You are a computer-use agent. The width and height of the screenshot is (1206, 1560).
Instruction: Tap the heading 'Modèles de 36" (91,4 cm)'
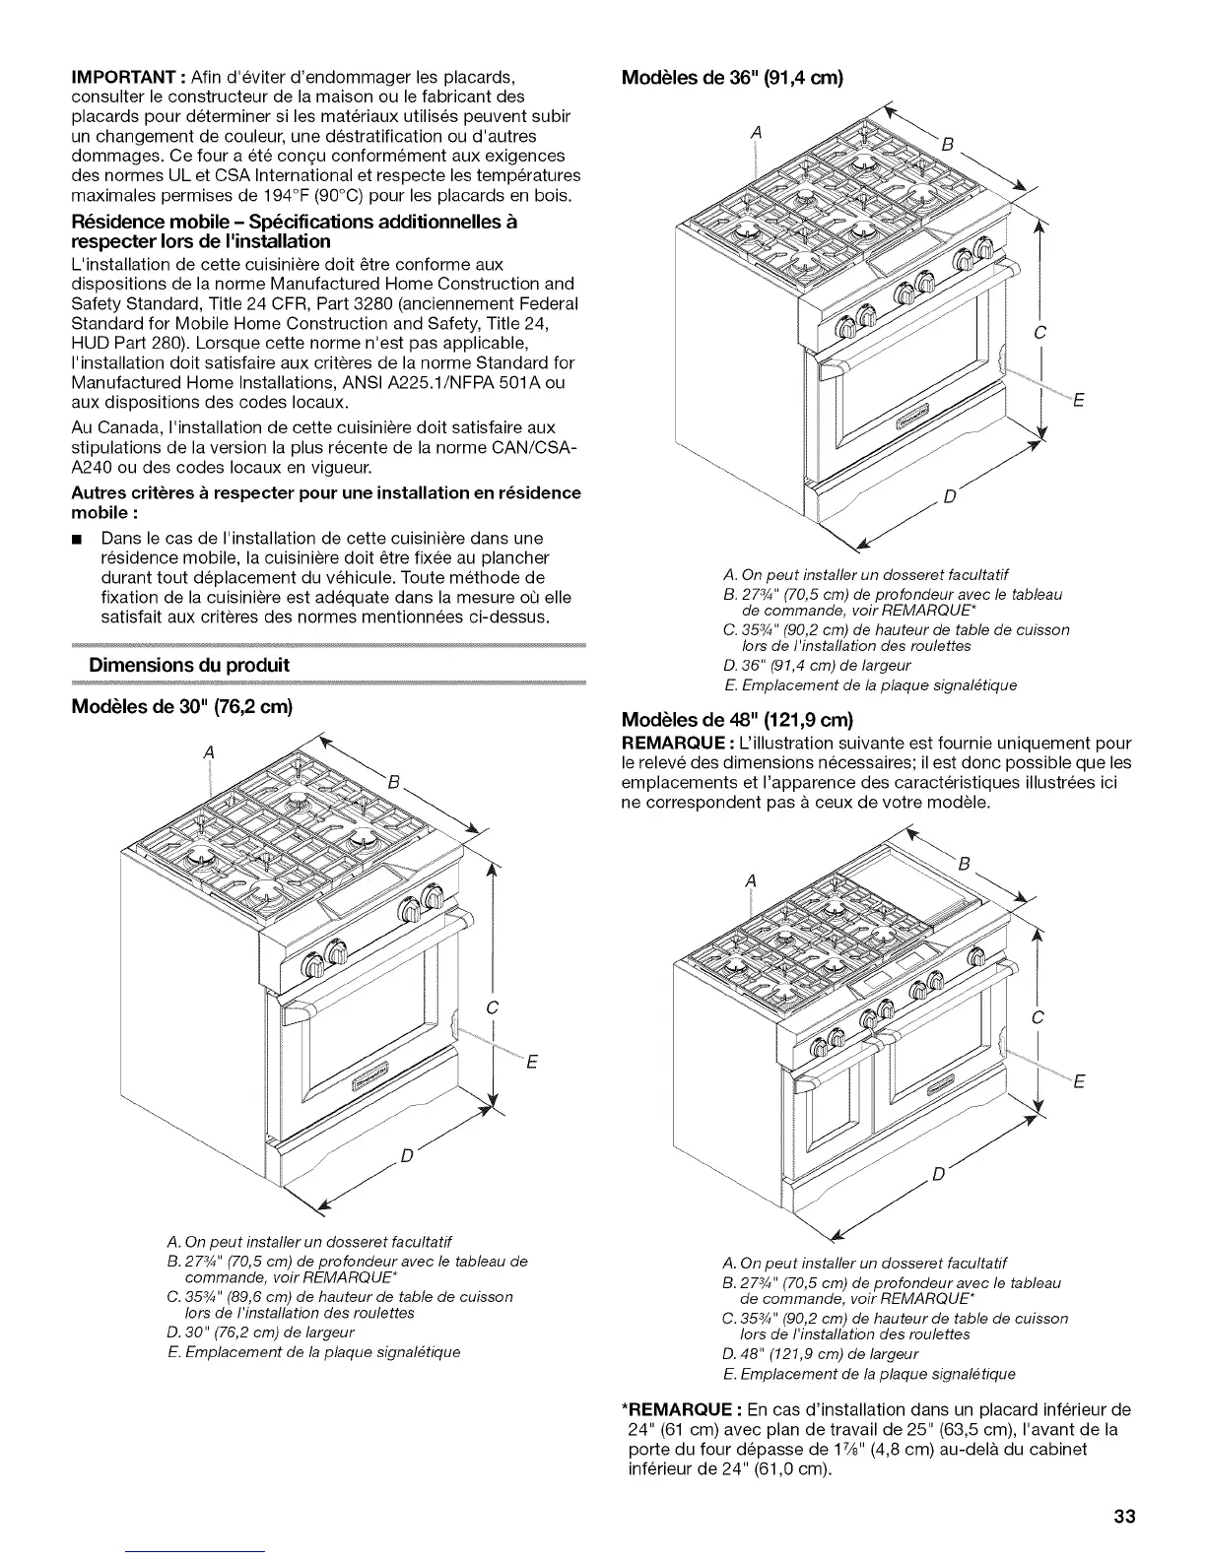click(x=731, y=78)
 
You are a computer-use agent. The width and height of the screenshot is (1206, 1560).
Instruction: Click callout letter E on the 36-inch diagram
click(x=1077, y=400)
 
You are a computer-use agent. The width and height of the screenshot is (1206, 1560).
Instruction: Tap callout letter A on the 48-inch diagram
click(x=751, y=879)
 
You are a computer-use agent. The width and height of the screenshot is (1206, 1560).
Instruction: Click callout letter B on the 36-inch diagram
click(x=947, y=145)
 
